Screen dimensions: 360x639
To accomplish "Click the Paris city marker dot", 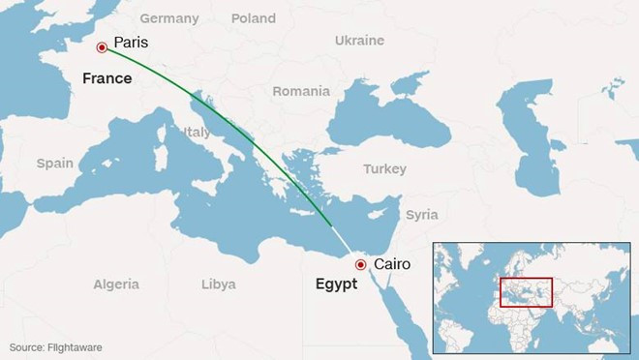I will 101,45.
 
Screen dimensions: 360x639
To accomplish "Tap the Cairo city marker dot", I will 360,263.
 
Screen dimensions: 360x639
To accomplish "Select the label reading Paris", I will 131,44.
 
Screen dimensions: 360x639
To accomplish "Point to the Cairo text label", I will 392,263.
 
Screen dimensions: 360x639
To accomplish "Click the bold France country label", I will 106,78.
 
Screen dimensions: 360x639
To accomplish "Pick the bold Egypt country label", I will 337,285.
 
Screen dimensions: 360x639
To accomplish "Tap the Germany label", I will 168,18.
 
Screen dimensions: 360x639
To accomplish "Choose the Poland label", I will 253,18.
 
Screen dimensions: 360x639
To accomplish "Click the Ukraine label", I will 359,41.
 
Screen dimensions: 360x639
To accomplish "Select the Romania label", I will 301,91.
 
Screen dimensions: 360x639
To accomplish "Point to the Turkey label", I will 384,169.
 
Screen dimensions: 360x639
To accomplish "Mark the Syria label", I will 422,214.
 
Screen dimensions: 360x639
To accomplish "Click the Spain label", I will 54,164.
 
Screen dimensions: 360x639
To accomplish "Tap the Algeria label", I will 115,285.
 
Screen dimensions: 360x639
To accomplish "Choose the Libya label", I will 218,285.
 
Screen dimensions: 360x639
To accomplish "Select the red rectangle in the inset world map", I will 526,292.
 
